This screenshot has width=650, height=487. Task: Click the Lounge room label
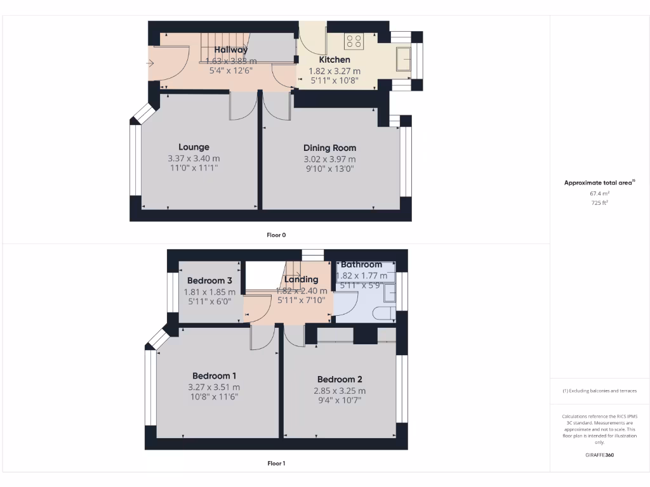194,147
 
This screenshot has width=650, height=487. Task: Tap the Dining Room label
329,148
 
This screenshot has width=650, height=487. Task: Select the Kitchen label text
334,60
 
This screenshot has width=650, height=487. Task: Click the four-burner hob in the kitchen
354,42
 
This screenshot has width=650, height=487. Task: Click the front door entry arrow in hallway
150,63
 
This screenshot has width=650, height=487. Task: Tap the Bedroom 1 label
213,375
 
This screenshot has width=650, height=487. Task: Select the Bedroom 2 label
340,379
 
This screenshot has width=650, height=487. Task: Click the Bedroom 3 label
209,280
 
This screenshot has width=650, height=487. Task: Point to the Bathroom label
361,264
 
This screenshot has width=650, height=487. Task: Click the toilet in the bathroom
381,314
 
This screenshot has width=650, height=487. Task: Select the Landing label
301,279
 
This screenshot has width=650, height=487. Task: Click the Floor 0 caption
276,235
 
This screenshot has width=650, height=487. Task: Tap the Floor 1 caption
276,464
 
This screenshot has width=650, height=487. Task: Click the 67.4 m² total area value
599,193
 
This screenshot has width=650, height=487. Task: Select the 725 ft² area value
599,203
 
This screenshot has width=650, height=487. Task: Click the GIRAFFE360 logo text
600,455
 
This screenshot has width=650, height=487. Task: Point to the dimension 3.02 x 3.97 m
329,159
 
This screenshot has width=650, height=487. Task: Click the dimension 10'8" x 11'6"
213,397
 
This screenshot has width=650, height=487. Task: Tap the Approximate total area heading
599,183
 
